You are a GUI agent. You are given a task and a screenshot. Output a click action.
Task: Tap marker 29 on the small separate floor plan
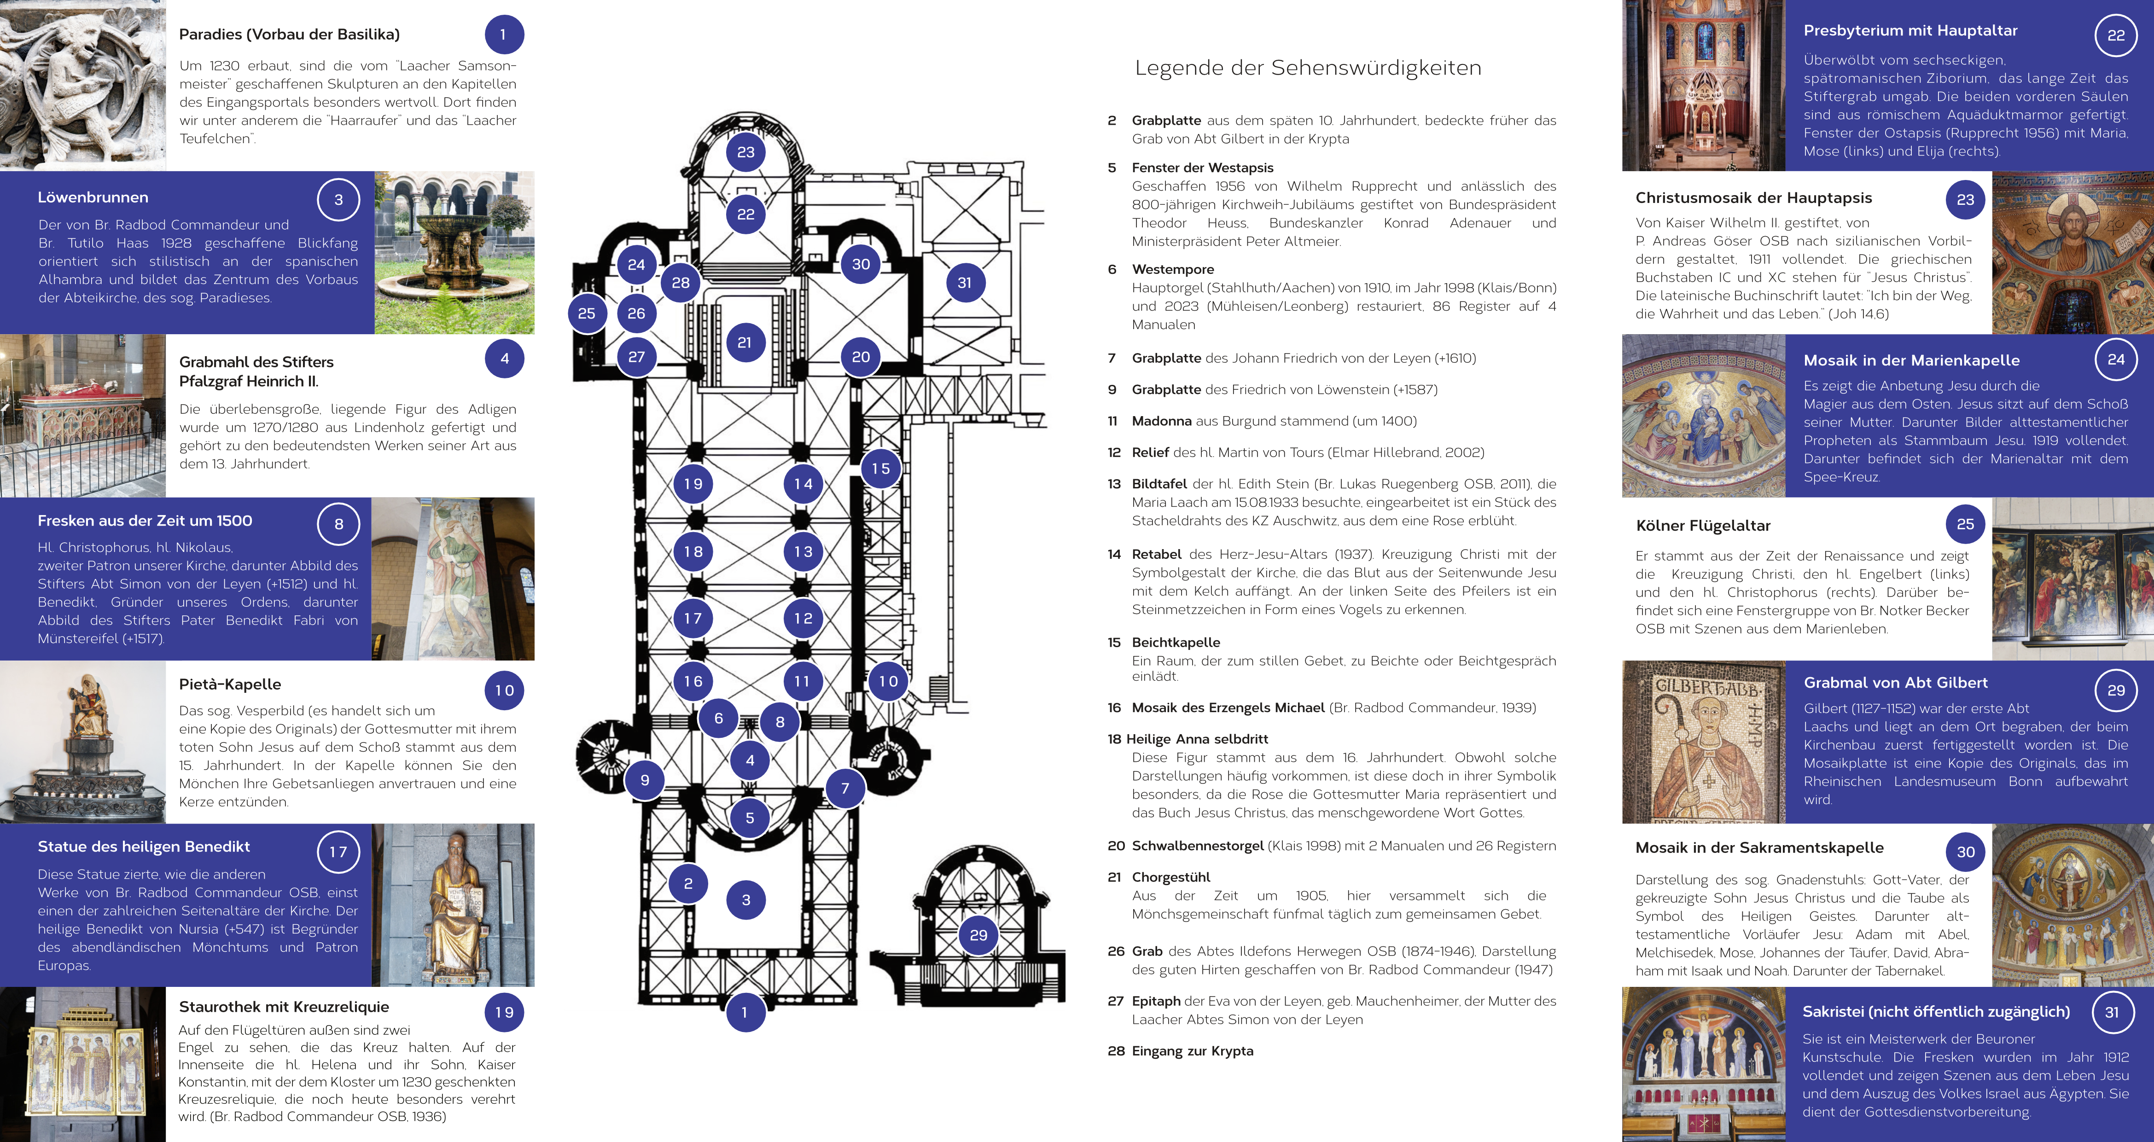point(978,935)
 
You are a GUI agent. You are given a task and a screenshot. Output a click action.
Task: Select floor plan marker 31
point(964,283)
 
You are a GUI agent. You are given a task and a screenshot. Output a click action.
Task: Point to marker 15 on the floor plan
point(880,468)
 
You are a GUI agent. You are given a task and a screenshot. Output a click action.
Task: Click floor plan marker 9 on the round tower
point(645,780)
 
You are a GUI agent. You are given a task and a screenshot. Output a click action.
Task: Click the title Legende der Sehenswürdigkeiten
point(1308,68)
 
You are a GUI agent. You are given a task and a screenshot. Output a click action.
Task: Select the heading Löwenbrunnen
point(93,197)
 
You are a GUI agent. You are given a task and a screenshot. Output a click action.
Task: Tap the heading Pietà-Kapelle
point(230,684)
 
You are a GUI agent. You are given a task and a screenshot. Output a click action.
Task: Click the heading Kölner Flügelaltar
point(1703,525)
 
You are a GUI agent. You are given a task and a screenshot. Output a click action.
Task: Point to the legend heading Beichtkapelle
point(1176,642)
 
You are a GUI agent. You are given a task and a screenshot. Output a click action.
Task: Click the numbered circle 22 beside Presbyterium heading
point(2115,35)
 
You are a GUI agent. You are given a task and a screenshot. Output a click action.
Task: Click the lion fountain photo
point(454,253)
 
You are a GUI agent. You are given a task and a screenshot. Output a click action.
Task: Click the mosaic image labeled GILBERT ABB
point(1703,742)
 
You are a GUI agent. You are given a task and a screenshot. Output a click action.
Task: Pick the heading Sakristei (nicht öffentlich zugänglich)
point(1936,1012)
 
